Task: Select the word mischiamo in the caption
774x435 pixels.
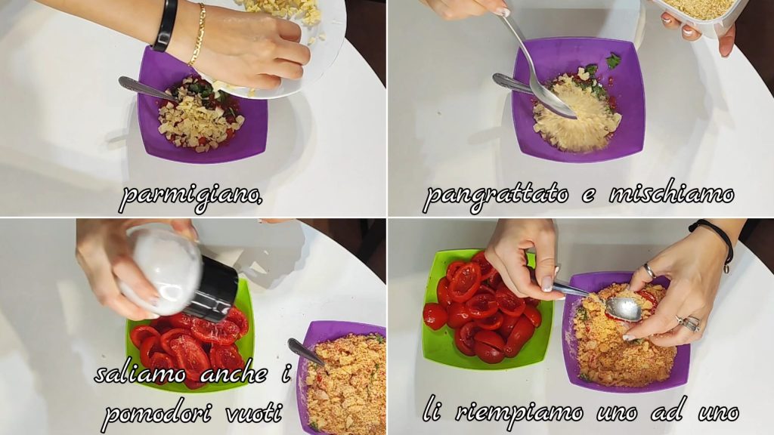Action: pyautogui.click(x=672, y=194)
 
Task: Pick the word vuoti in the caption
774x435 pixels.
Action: pyautogui.click(x=254, y=413)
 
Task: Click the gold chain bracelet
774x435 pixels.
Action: pyautogui.click(x=197, y=35)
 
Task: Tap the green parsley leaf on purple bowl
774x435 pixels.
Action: pyautogui.click(x=613, y=61)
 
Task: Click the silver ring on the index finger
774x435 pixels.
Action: pyautogui.click(x=649, y=270)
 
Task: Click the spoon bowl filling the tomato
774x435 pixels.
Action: pyautogui.click(x=624, y=308)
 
